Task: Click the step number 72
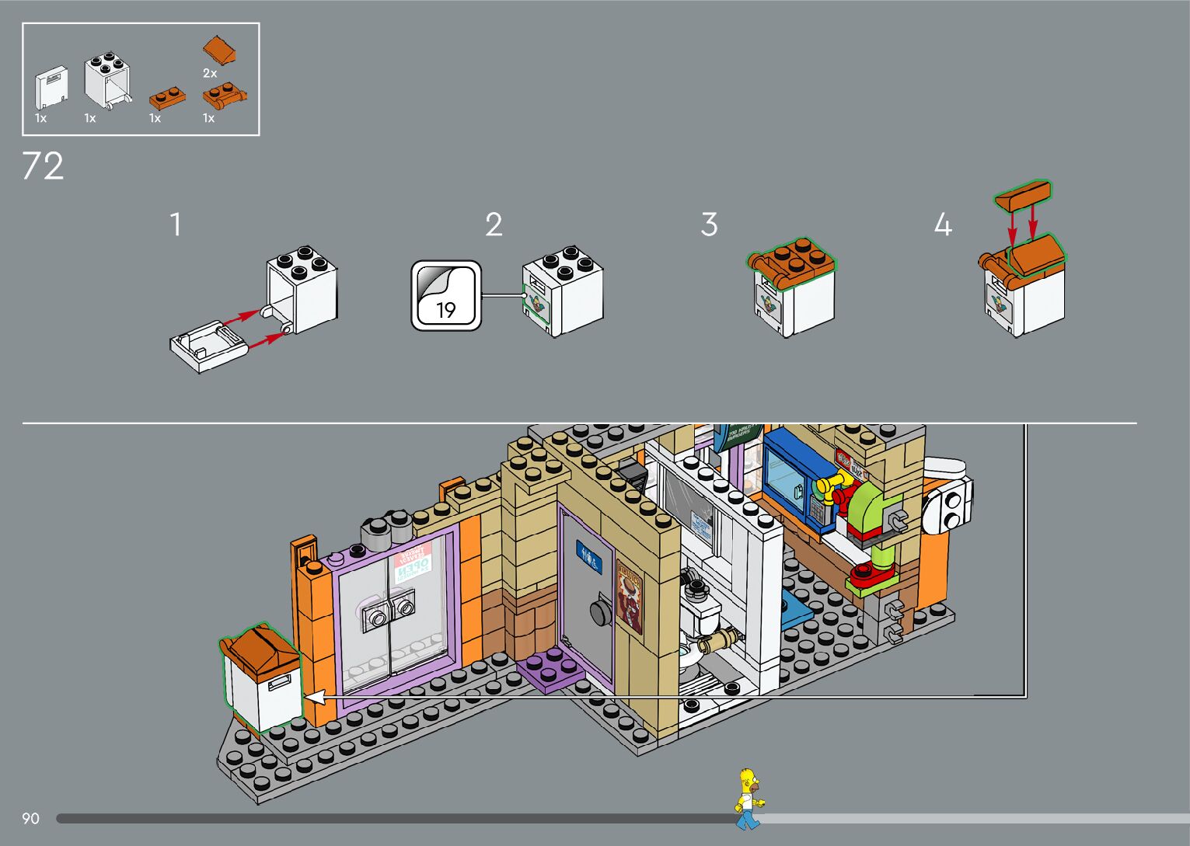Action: (x=43, y=166)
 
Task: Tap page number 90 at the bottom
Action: (x=30, y=818)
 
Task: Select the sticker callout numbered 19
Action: (x=446, y=295)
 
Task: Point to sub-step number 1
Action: (x=176, y=225)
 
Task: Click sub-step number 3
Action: (x=708, y=225)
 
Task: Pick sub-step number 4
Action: (x=942, y=225)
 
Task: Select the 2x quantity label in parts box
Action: (x=210, y=73)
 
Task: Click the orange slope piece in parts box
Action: (x=221, y=50)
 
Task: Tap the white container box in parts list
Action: (x=107, y=81)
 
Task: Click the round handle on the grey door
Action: (x=599, y=611)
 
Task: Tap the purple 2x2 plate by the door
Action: (x=553, y=667)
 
